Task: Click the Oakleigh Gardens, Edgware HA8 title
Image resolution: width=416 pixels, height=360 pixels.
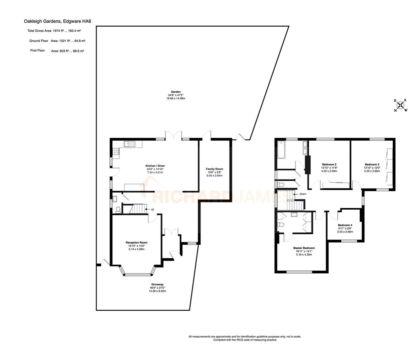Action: click(57, 21)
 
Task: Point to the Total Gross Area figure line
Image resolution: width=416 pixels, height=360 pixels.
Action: click(54, 31)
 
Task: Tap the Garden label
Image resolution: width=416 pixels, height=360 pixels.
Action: click(176, 92)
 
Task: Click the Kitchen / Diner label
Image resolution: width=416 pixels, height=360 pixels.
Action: click(155, 166)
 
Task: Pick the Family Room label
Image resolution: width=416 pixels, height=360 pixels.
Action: click(214, 169)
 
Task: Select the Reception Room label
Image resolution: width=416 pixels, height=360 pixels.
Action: click(136, 243)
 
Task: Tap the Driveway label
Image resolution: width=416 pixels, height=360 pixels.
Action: click(157, 285)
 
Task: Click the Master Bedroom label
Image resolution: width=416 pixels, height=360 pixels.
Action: click(304, 248)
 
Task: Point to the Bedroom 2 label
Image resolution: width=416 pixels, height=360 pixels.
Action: click(329, 164)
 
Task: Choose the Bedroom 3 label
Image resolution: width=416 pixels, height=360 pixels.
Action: click(372, 165)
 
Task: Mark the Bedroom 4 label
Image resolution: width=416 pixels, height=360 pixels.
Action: click(345, 225)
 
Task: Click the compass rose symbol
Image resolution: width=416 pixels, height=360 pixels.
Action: click(401, 105)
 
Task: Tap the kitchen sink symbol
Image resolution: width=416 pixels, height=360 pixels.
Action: click(129, 144)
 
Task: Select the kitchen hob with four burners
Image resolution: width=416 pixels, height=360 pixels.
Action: click(116, 152)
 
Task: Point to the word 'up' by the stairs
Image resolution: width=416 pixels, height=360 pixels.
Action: click(152, 209)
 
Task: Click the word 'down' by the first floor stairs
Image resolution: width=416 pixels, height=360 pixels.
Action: click(303, 194)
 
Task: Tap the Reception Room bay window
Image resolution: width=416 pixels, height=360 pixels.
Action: click(138, 272)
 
